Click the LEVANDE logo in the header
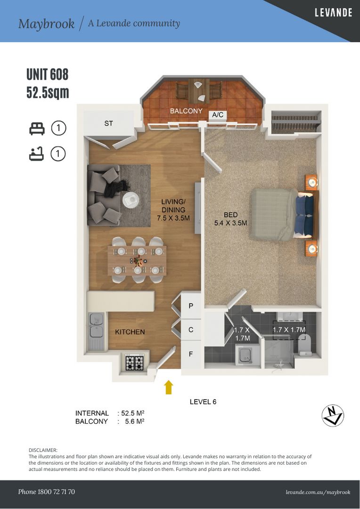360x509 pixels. pos(333,13)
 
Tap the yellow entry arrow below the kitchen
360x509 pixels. pos(169,387)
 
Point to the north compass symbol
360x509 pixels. pos(333,416)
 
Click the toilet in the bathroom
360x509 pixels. pos(305,345)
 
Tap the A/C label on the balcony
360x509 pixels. pos(218,115)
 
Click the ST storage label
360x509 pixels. pos(108,123)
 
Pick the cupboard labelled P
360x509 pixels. pos(191,305)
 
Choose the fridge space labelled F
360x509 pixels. pos(191,354)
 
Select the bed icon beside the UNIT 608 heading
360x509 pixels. pos(37,129)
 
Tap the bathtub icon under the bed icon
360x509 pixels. pos(36,154)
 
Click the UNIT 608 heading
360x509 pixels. pos(48,74)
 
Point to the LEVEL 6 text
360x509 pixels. pos(203,402)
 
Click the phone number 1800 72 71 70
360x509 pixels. pos(56,492)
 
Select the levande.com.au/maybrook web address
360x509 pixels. pos(318,492)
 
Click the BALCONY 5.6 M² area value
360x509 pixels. pos(135,421)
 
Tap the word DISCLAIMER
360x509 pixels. pos(43,450)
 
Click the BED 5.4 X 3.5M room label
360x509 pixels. pos(230,219)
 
